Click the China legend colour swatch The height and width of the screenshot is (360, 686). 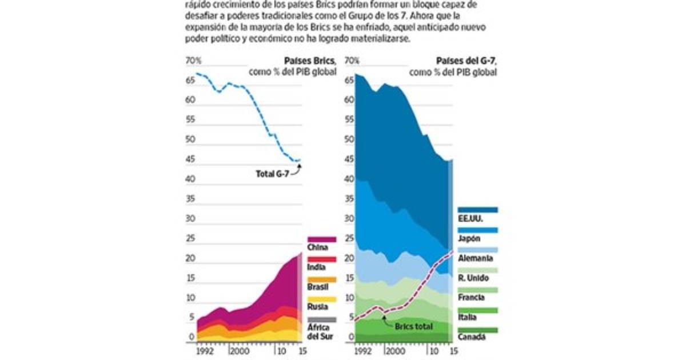point(321,239)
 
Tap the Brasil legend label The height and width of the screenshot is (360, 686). point(318,287)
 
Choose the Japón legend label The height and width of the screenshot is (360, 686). point(469,238)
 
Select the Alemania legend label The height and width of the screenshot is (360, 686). point(475,258)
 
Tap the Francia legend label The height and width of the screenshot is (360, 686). point(472,298)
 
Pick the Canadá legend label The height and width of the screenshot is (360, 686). point(472,337)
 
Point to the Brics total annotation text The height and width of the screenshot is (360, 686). point(413,326)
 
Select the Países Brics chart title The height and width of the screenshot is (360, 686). point(310,61)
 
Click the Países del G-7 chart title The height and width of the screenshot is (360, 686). point(466,61)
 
